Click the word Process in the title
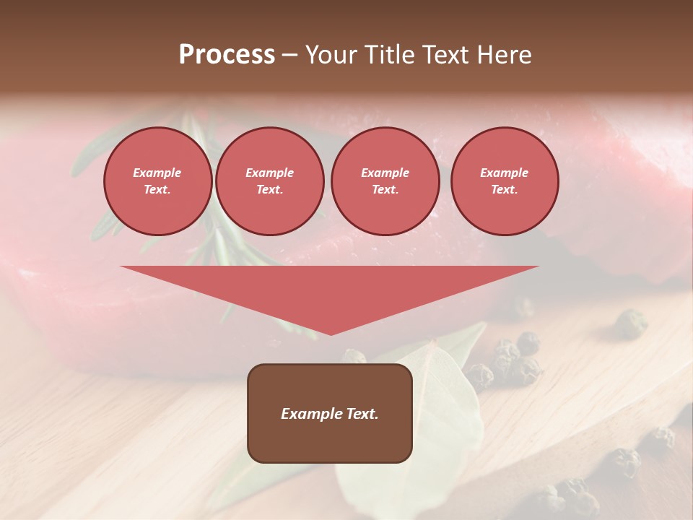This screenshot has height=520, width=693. point(227,55)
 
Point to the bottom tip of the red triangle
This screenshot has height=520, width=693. point(331,334)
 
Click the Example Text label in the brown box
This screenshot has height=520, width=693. point(330,414)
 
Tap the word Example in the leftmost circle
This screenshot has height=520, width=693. point(157,173)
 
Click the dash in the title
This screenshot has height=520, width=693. point(289,56)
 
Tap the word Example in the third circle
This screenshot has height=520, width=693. point(385,173)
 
